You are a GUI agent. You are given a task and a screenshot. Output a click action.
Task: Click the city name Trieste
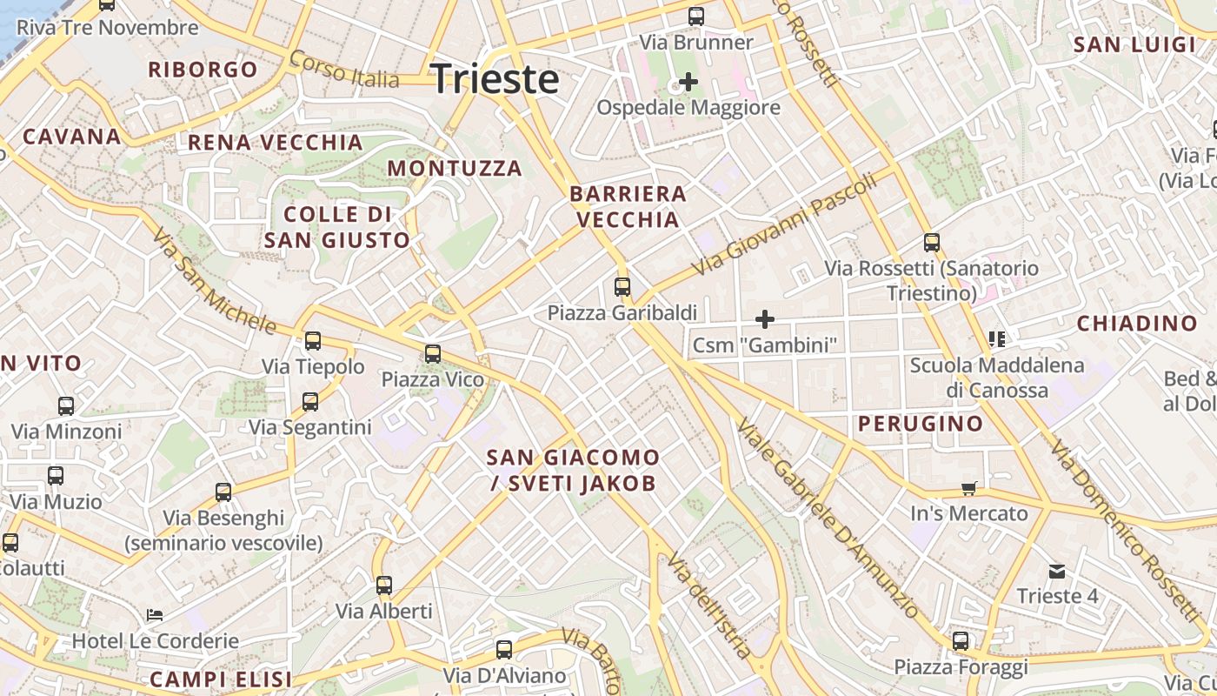[495, 79]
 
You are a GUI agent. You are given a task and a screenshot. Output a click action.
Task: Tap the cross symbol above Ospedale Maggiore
[688, 83]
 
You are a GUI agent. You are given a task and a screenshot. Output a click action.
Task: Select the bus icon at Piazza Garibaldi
[622, 286]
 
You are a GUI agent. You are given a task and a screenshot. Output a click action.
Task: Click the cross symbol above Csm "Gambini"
[765, 319]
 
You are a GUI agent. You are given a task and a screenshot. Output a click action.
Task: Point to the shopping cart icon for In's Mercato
[969, 488]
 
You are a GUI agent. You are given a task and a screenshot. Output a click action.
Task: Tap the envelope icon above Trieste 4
[1057, 571]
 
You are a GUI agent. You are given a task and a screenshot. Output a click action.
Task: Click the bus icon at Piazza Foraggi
[961, 641]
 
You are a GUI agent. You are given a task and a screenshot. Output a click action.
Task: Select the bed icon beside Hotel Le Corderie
[155, 615]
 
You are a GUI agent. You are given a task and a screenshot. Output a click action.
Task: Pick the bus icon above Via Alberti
[384, 586]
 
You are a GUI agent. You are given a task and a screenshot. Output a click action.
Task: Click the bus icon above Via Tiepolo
[313, 341]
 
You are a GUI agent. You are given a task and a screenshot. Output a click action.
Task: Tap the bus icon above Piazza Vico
[433, 354]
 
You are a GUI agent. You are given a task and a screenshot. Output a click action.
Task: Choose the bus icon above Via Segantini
[310, 402]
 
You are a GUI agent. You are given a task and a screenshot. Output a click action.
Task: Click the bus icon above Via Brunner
[696, 17]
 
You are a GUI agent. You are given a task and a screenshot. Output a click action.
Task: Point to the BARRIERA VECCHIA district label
[628, 206]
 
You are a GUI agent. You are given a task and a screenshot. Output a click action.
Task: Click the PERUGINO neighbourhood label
[921, 425]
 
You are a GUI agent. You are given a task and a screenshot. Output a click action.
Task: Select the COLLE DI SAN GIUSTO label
[336, 227]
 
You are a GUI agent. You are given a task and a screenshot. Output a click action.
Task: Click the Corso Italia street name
[344, 69]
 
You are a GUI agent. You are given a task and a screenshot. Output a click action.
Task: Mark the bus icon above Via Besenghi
[223, 492]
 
